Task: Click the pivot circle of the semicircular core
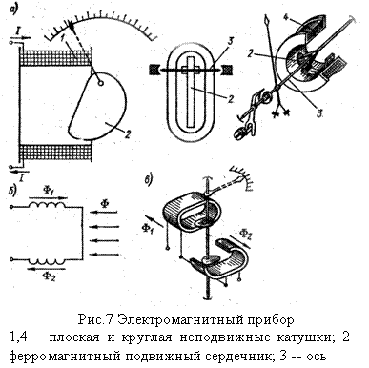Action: pyautogui.click(x=101, y=84)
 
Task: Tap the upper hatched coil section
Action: pyautogui.click(x=56, y=56)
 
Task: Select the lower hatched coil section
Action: pyautogui.click(x=56, y=153)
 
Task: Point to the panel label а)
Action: pyautogui.click(x=14, y=9)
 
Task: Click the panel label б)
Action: pyautogui.click(x=12, y=192)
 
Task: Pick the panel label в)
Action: pyautogui.click(x=148, y=179)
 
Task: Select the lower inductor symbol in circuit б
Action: pyautogui.click(x=47, y=261)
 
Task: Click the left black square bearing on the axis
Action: pyautogui.click(x=154, y=69)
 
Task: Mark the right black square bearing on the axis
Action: pyautogui.click(x=227, y=69)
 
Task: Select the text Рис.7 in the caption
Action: pyautogui.click(x=95, y=319)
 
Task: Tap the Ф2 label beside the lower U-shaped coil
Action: pyautogui.click(x=245, y=235)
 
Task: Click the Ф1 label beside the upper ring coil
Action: pyautogui.click(x=147, y=228)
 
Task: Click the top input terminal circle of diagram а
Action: pyautogui.click(x=11, y=42)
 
